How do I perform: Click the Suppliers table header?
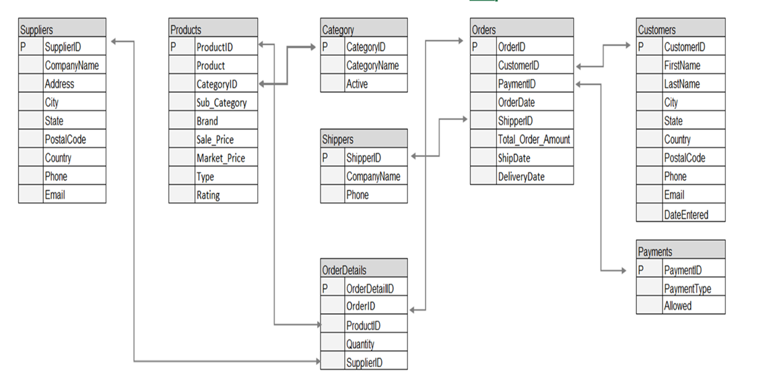click(62, 29)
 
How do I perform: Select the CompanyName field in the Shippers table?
click(372, 176)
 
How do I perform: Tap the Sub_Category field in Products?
click(222, 103)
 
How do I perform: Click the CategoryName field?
click(372, 66)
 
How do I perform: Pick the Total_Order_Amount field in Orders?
click(534, 139)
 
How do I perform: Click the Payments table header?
click(681, 251)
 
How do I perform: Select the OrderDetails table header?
click(364, 269)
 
